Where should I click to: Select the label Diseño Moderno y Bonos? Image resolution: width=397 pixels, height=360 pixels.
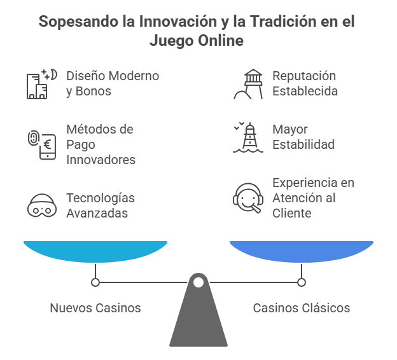coord(113,83)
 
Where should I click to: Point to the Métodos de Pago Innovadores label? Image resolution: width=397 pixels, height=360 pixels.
coord(101,144)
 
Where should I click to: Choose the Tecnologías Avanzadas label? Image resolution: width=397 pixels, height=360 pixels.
coord(101,205)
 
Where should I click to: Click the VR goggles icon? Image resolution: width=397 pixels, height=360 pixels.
coord(41,205)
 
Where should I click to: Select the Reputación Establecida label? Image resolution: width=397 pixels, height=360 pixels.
coord(305,83)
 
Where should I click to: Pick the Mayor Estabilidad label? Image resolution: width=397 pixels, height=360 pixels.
coord(303,137)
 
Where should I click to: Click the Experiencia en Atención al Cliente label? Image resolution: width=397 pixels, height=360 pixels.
coord(314,198)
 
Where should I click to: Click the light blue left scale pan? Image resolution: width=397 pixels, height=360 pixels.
coord(95,250)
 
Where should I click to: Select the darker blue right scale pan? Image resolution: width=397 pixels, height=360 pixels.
coord(302,250)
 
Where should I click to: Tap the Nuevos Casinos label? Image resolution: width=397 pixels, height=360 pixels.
coord(95,308)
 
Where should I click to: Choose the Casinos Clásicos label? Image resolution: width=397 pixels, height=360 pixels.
coord(302,308)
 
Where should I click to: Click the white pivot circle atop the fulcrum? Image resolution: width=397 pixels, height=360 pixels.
coord(198,282)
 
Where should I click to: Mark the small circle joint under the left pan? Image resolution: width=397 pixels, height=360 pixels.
coord(95,282)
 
